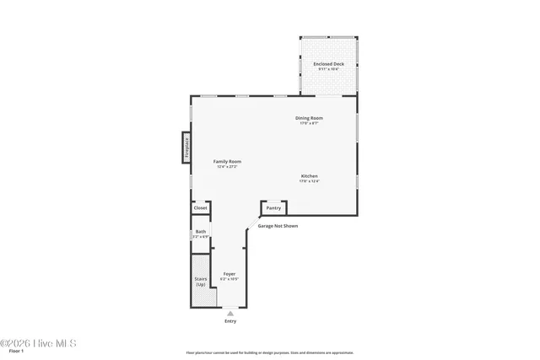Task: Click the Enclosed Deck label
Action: [x=328, y=63]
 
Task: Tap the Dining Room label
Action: [x=309, y=118]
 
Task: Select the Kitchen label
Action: [x=309, y=175]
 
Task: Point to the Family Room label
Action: [x=227, y=161]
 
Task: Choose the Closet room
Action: [x=200, y=207]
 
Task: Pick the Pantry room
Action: [x=273, y=207]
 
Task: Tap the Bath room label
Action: [x=200, y=231]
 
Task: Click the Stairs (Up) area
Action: [x=201, y=282]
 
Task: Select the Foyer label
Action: [x=229, y=274]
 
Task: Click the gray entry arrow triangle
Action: [x=230, y=313]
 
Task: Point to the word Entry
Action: [x=230, y=321]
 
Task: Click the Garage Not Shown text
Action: [x=278, y=226]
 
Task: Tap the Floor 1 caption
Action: [x=16, y=352]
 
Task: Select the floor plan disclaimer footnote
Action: [x=270, y=353]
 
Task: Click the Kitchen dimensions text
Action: [x=310, y=181]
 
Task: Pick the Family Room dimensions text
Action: [x=227, y=167]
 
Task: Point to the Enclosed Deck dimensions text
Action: [x=328, y=69]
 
